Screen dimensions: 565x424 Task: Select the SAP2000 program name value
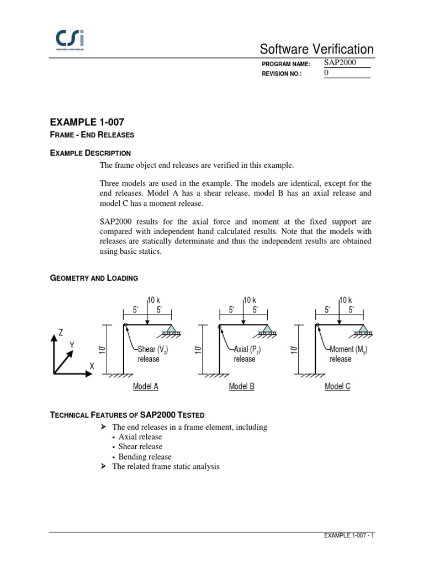(340, 63)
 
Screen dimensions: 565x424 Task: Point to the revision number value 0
(326, 73)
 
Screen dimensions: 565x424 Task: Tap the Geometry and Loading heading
(94, 278)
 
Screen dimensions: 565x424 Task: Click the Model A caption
(146, 387)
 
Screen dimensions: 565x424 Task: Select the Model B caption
(242, 387)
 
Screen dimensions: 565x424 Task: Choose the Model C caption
(338, 387)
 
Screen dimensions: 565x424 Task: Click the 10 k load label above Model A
(153, 300)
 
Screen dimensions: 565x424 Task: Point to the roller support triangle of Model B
(267, 329)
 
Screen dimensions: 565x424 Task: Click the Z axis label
(61, 333)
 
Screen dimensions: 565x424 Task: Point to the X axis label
(92, 367)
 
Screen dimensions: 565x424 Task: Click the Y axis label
(72, 345)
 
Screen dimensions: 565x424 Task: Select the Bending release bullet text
(145, 457)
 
